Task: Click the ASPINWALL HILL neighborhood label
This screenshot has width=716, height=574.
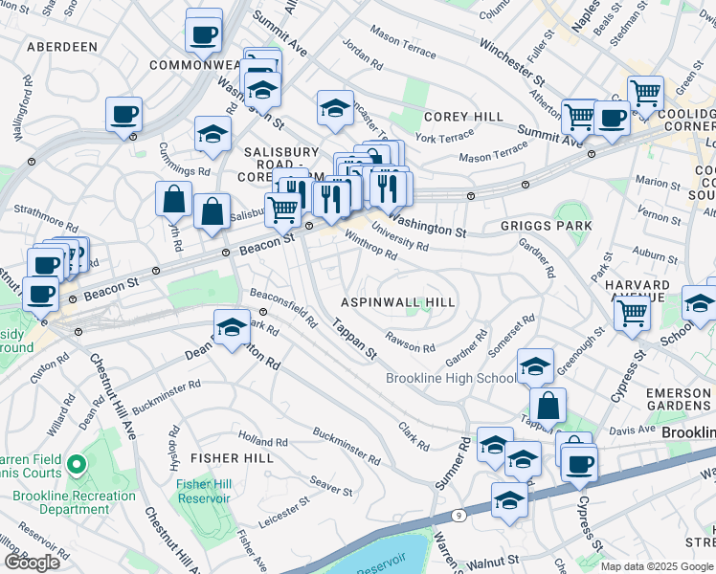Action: pos(398,301)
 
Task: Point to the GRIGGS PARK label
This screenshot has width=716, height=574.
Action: pos(546,226)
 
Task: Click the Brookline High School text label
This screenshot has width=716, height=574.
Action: pos(450,378)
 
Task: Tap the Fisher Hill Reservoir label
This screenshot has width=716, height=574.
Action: pos(203,490)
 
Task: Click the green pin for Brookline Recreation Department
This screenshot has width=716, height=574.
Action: pos(77,468)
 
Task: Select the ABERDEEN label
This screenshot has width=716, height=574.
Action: pos(62,46)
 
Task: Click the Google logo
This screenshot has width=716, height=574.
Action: pos(32,563)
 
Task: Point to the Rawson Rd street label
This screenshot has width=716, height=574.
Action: pos(410,340)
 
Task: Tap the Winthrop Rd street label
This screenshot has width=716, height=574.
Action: pos(370,248)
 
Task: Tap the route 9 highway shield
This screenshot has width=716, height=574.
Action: pos(459,517)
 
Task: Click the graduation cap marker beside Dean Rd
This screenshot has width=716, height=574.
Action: pos(232,329)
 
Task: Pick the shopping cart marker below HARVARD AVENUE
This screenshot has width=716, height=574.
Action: pos(632,312)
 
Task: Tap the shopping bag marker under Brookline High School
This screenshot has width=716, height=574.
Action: pos(548,406)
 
